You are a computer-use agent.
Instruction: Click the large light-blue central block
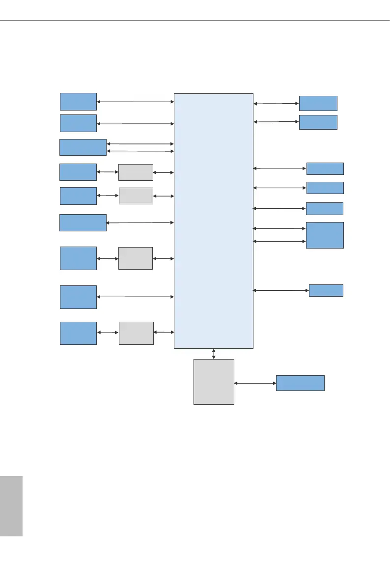(214, 221)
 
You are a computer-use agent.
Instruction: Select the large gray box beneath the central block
(214, 382)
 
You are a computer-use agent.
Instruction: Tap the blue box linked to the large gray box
(300, 383)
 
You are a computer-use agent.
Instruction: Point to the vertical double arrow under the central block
(214, 354)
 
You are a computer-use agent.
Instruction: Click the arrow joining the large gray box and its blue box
(255, 383)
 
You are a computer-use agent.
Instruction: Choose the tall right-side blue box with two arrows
(325, 235)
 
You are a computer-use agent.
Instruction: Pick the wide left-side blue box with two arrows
(83, 147)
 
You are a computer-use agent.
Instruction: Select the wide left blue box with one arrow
(83, 223)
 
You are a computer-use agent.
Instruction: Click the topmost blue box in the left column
(78, 101)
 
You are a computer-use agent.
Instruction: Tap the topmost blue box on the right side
(318, 103)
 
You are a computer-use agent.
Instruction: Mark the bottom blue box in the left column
(78, 333)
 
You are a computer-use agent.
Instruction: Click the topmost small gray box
(136, 172)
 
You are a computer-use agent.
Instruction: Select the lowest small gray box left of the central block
(136, 333)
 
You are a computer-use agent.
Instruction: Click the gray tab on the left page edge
(11, 506)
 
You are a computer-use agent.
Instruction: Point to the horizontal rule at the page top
(195, 21)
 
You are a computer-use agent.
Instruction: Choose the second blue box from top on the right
(318, 122)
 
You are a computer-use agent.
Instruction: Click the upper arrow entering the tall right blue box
(279, 228)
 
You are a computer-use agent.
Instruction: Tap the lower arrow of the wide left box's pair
(140, 151)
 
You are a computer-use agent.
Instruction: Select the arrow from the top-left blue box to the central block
(136, 102)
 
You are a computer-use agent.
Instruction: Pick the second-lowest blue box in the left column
(78, 297)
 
